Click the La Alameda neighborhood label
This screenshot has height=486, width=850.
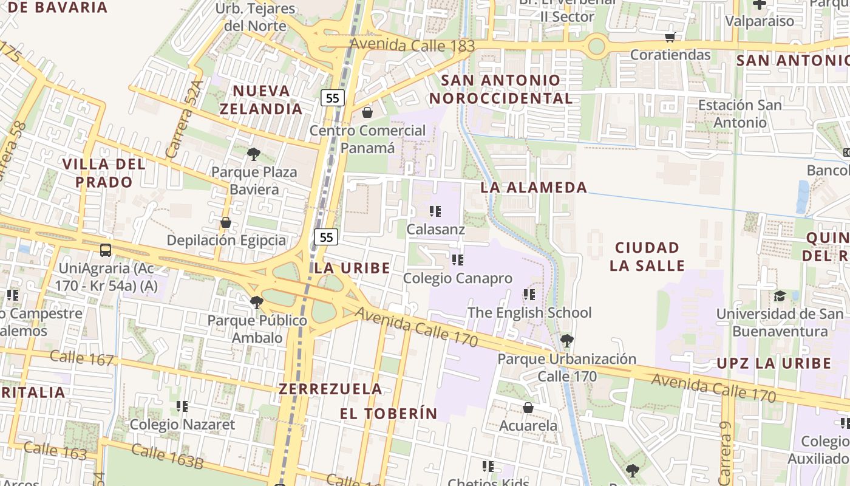[x=534, y=187]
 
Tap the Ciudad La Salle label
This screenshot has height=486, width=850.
[x=647, y=256]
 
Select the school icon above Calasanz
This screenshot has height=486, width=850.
[x=435, y=211]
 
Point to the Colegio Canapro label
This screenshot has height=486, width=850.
[x=458, y=278]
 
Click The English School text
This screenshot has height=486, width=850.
[x=529, y=312]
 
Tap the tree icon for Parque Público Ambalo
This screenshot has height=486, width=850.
[x=257, y=301]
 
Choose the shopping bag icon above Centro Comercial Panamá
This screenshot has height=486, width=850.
[x=367, y=112]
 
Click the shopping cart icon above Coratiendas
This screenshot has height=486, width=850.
[x=670, y=37]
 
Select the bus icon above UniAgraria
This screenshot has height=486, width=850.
[x=106, y=250]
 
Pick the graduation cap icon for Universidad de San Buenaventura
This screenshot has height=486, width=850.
[x=779, y=296]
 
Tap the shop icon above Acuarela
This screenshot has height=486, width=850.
[x=528, y=408]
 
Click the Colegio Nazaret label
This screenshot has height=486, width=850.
[x=182, y=424]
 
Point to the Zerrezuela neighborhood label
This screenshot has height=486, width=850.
[x=330, y=389]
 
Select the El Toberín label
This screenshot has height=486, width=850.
[x=388, y=414]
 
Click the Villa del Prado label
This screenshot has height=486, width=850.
[x=104, y=173]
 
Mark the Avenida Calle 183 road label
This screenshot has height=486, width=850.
[x=413, y=46]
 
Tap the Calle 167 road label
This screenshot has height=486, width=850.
[x=82, y=358]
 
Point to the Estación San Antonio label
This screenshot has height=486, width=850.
[x=739, y=114]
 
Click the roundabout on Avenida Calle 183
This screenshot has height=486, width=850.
[x=597, y=46]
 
